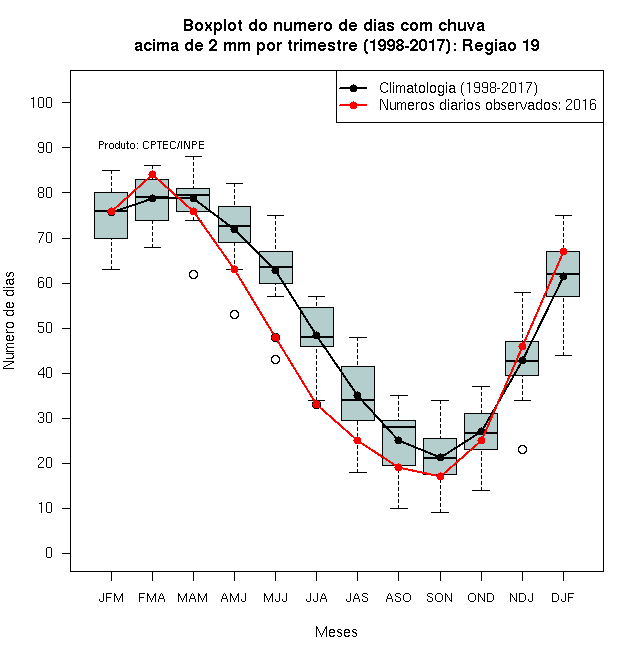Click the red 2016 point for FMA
[x=152, y=175]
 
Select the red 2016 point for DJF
[x=563, y=252]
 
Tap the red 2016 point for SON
[x=440, y=476]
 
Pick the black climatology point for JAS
[x=357, y=396]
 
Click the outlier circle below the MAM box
[x=193, y=274]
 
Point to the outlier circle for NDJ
[x=523, y=450]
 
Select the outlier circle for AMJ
[x=235, y=314]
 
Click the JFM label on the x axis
[x=111, y=598]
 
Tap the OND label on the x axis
[x=481, y=598]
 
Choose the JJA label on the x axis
[x=316, y=598]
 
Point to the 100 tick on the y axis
[x=66, y=102]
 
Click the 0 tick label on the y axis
[x=49, y=553]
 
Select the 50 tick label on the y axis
[x=45, y=328]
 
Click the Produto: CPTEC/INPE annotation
[x=151, y=145]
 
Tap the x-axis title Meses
[x=336, y=632]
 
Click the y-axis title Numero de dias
[x=9, y=321]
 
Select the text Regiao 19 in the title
[x=501, y=45]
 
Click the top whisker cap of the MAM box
[x=193, y=157]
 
